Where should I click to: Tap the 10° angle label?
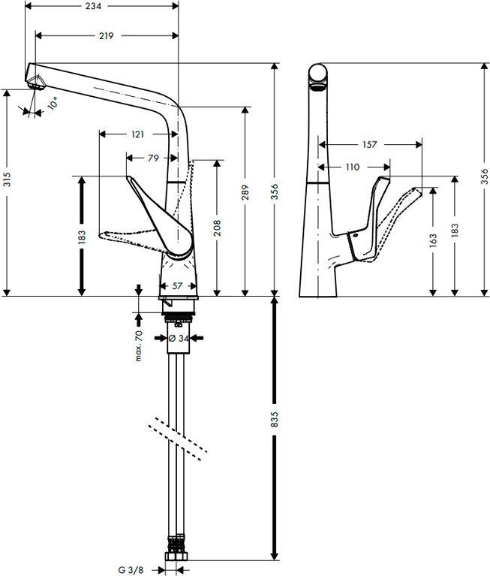[x=52, y=105]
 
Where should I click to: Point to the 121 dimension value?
[x=137, y=134]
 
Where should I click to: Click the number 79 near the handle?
[x=153, y=158]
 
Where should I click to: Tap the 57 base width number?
[x=178, y=286]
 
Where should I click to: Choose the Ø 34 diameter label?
[x=177, y=339]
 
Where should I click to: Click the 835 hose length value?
[x=274, y=419]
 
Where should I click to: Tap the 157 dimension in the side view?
[x=368, y=144]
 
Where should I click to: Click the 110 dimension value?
[x=352, y=167]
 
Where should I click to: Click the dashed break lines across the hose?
[x=178, y=438]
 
